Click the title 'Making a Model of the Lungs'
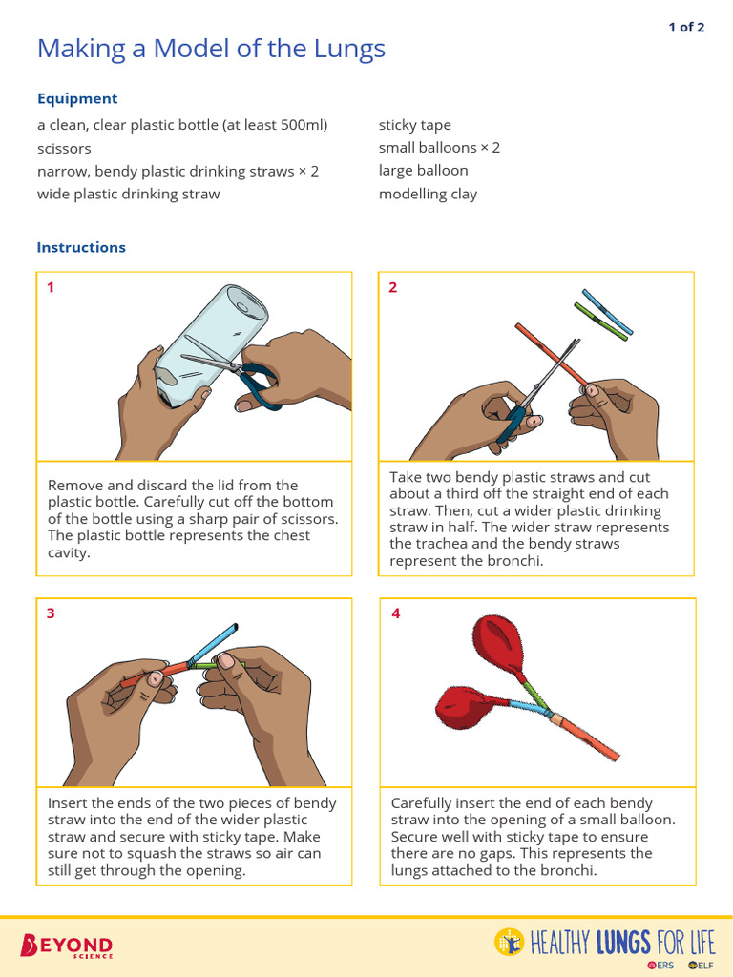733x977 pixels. (211, 49)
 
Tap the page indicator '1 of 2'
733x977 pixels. (686, 27)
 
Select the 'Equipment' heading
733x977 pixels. (77, 98)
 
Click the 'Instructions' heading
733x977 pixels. (81, 247)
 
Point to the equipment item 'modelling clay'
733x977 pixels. (428, 194)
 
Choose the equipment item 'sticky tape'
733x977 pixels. (415, 125)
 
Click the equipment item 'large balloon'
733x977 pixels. (423, 171)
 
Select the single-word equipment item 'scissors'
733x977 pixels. (64, 148)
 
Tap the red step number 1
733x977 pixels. (51, 287)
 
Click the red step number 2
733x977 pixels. (393, 287)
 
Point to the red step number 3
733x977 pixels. (51, 613)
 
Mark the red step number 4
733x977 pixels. (396, 613)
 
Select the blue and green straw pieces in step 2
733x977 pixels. (604, 315)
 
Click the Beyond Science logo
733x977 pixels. (67, 946)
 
